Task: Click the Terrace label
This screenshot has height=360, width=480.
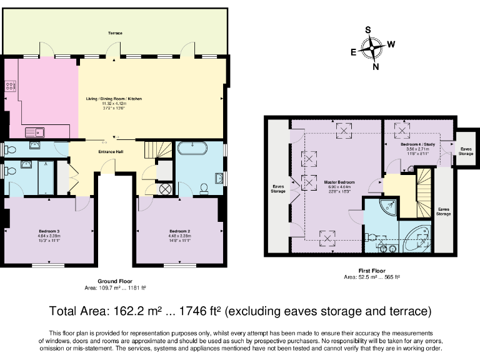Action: (114, 32)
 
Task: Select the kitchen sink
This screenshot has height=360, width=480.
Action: (35, 132)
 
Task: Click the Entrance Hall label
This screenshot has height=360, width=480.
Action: (114, 151)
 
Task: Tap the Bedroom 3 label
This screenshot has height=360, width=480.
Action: (49, 231)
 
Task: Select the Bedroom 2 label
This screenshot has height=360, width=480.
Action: (179, 231)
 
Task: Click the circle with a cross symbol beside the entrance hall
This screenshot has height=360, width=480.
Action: (166, 188)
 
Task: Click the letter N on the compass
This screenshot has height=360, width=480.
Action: (375, 67)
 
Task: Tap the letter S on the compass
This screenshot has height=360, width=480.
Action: (368, 30)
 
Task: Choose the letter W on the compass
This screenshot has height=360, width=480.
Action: (391, 44)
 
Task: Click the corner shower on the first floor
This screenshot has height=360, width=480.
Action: (389, 208)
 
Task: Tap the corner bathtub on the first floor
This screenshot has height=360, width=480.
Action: (416, 239)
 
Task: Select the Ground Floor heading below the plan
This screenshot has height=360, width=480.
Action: (114, 282)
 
